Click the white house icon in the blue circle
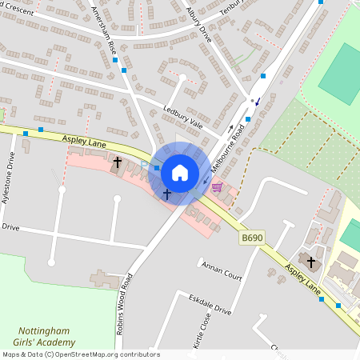(180, 173)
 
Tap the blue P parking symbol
(144, 166)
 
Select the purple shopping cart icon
(217, 186)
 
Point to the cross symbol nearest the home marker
(167, 194)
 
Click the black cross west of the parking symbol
(118, 162)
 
